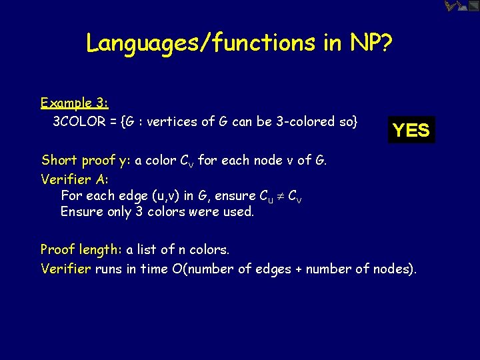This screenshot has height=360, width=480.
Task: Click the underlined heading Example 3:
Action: coord(75,103)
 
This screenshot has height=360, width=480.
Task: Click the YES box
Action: coord(411,130)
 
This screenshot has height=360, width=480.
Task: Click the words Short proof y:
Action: coord(86,161)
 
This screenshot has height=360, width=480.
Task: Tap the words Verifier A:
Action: coord(75,179)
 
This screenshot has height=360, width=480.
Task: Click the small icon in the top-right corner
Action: coord(462,6)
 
